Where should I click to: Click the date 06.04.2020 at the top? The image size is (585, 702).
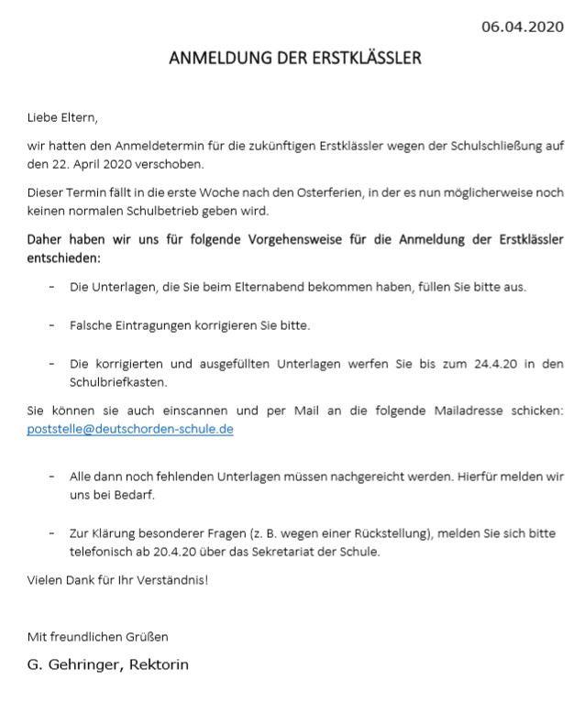pos(523,27)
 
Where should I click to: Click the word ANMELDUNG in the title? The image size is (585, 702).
pos(213,58)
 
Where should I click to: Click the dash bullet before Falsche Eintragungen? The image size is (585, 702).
pos(51,325)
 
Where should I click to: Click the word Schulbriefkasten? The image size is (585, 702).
pos(114,381)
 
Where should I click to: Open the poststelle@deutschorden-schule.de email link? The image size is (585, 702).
pos(130,428)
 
